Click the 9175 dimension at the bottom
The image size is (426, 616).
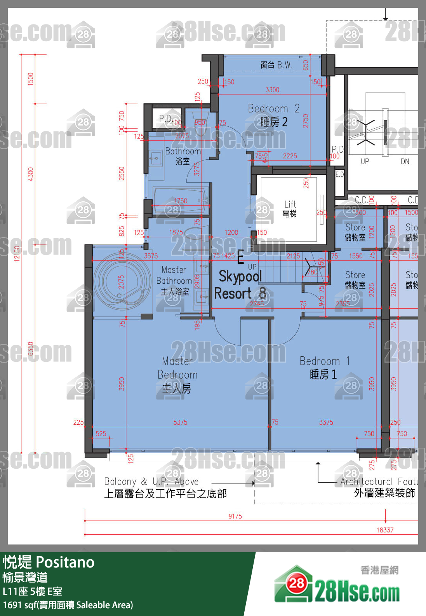[x=235, y=516]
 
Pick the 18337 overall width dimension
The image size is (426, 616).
[x=385, y=530]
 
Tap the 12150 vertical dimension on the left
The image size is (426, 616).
[x=17, y=253]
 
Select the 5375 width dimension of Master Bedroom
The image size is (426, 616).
[x=180, y=422]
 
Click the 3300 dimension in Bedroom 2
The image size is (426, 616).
[x=272, y=90]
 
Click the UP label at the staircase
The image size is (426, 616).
[x=252, y=267]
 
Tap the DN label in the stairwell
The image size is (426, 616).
[x=405, y=161]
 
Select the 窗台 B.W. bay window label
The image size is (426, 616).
[x=276, y=65]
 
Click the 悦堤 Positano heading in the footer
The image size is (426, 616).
[x=49, y=562]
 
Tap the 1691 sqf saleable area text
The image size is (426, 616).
[x=68, y=605]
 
